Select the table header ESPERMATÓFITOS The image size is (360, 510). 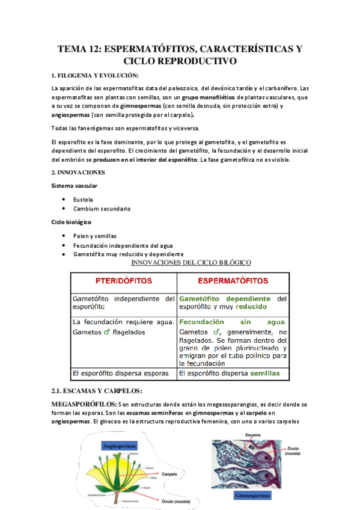pos(233,281)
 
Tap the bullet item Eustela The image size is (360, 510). pos(84,198)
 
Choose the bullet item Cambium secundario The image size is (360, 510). pos(102,209)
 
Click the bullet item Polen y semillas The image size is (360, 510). pos(95,235)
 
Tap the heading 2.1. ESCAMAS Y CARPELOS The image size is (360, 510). pos(97,392)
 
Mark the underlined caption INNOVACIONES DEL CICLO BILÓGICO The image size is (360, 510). pos(191,262)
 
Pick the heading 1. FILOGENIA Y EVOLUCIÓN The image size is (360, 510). pos(95,75)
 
